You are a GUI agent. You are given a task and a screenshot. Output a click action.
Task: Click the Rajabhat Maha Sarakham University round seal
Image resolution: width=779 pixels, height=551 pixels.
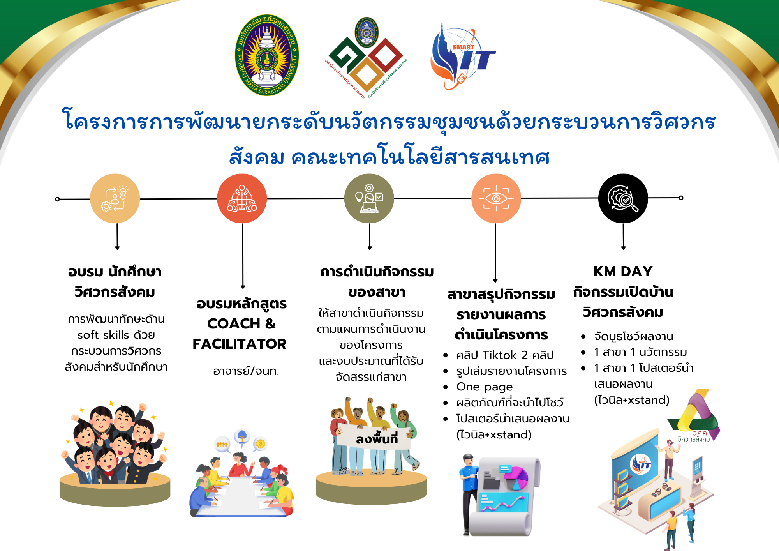267,55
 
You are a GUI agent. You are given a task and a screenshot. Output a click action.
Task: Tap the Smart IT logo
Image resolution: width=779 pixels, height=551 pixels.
462,57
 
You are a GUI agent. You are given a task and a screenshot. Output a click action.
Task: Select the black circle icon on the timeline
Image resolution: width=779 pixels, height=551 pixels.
623,198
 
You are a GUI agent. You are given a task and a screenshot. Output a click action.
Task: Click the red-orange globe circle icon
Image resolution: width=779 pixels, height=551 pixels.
242,198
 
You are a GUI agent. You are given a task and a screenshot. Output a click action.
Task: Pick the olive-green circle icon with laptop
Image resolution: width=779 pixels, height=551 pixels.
369,198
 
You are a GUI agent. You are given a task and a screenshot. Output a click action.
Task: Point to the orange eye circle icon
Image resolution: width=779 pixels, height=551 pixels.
496,198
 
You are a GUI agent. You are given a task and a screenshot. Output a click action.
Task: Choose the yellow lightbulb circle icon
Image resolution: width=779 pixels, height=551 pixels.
115,198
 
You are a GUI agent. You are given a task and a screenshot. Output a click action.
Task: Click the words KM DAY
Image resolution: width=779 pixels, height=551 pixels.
623,271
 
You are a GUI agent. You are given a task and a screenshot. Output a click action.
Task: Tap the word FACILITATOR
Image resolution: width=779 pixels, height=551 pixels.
239,344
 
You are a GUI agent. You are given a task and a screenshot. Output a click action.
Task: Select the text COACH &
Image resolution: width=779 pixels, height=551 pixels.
241,323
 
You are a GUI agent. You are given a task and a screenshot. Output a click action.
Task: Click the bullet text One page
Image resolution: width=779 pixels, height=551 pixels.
484,387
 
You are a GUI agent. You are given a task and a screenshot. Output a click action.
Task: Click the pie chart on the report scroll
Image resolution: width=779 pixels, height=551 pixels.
517,479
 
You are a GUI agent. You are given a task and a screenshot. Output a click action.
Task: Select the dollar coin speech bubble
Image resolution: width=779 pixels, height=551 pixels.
260,444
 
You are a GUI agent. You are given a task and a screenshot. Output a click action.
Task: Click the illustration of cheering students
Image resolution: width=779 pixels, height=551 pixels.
115,444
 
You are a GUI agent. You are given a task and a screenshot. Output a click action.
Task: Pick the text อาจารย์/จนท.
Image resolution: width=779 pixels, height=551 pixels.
246,371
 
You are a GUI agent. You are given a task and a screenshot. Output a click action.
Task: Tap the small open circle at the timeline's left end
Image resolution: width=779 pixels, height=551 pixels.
58,199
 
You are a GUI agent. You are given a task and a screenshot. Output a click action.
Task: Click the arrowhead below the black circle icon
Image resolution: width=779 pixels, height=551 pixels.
623,248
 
